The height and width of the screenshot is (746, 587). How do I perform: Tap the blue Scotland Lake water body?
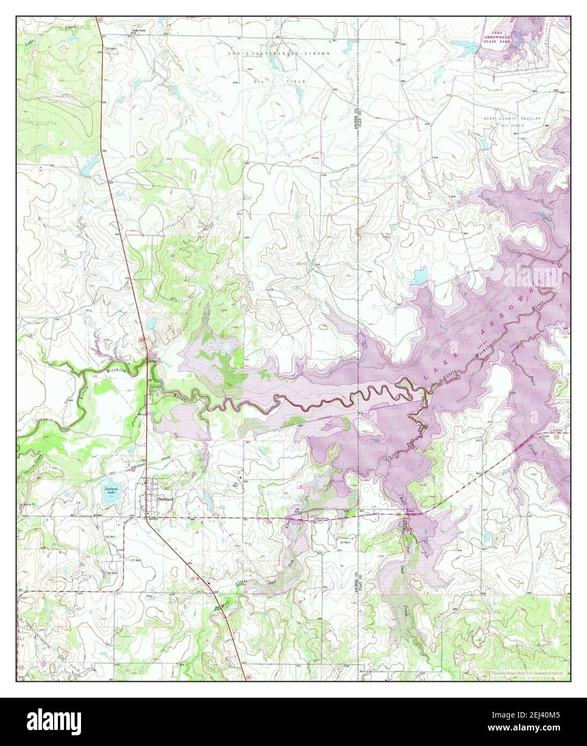tap(111, 493)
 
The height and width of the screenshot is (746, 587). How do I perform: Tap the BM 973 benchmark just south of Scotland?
tap(153, 520)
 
